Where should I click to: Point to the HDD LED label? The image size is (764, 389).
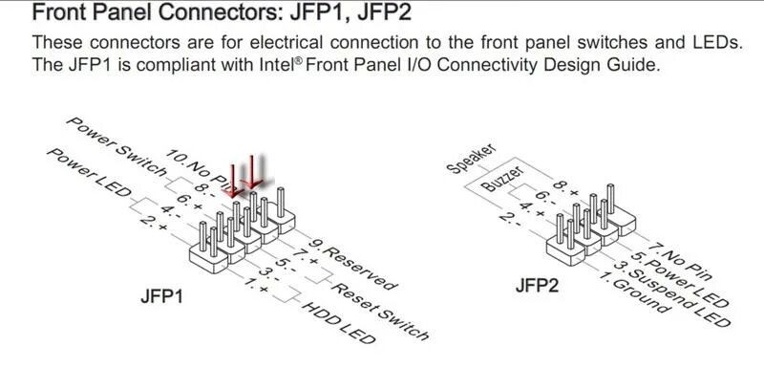[x=335, y=325]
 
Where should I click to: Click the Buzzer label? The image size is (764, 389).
[x=503, y=178]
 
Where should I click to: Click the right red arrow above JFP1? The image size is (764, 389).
[x=252, y=174]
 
